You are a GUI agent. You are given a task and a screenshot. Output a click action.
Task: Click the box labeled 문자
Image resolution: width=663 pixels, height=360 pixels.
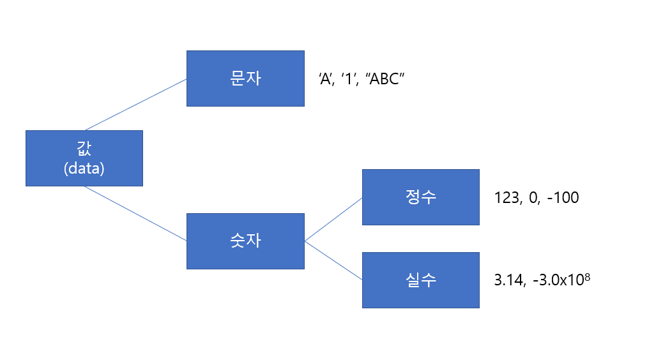coord(245,79)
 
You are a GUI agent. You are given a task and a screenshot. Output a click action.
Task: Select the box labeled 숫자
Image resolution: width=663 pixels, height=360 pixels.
coord(245,241)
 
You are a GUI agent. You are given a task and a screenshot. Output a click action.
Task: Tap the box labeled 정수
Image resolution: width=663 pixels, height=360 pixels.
coord(420,197)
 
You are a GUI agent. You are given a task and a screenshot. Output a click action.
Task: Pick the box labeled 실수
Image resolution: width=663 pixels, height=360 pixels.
coord(420,280)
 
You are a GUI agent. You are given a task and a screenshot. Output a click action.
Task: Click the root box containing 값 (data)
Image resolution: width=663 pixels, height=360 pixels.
coord(84,158)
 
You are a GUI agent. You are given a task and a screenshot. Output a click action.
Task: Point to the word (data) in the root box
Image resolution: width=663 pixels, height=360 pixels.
coord(84,169)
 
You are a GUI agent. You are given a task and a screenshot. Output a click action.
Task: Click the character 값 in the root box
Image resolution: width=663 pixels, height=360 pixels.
coord(84,148)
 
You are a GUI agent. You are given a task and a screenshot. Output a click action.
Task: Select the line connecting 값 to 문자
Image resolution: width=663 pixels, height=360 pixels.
coord(135,105)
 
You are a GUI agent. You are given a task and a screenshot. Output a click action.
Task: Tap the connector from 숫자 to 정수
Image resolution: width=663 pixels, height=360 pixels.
coord(333,219)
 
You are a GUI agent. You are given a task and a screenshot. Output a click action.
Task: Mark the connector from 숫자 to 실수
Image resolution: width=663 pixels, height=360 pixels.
coord(333,261)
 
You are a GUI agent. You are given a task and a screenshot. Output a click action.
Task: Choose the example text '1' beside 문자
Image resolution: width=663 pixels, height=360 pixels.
coord(349,79)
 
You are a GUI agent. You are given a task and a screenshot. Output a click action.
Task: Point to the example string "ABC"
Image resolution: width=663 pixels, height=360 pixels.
coord(385,79)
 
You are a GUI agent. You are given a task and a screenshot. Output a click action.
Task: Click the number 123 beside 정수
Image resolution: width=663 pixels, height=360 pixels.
coord(507,198)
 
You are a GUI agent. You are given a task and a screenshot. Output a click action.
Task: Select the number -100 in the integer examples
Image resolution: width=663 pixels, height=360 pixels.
coord(563,198)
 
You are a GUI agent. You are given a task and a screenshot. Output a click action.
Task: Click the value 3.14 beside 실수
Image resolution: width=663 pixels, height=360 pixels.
coord(509,280)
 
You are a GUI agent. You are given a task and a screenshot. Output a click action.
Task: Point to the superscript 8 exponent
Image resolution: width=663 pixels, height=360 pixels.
coord(586,276)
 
